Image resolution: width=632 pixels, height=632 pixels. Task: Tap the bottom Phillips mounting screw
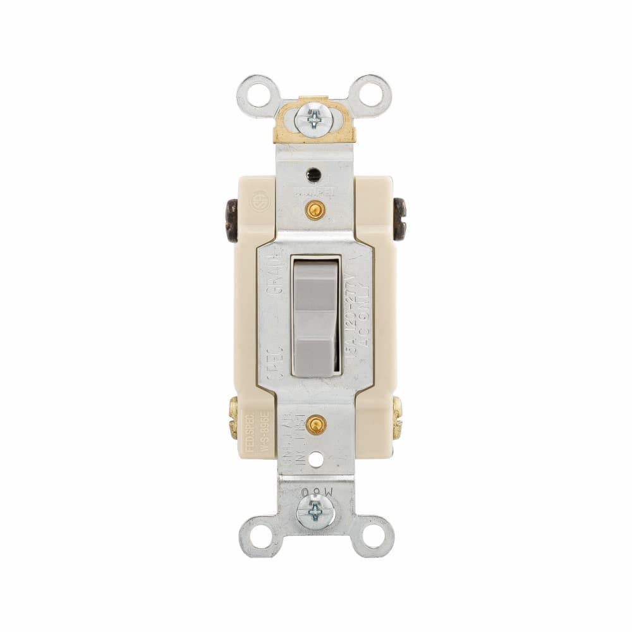pyautogui.click(x=316, y=509)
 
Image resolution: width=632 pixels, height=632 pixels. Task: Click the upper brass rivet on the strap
pyautogui.click(x=314, y=209)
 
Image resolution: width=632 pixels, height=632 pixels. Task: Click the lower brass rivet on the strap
pyautogui.click(x=314, y=425)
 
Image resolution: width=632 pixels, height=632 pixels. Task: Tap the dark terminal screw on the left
pyautogui.click(x=232, y=221)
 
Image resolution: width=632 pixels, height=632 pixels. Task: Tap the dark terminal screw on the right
pyautogui.click(x=399, y=219)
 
